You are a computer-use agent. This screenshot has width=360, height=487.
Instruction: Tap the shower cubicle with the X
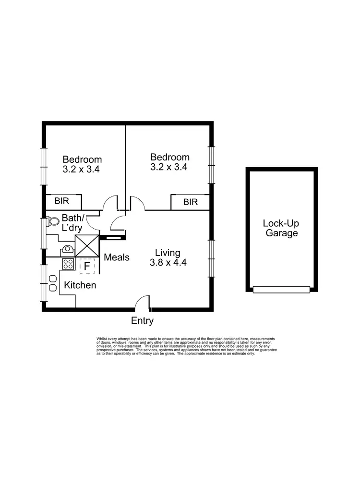pos(87,245)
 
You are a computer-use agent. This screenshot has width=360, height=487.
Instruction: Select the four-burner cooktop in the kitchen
pos(68,264)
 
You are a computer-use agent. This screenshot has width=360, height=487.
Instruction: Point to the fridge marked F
pos(87,266)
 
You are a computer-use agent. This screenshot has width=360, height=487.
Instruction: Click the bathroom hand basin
pos(68,249)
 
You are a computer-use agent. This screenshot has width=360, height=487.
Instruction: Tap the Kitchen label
pos(80,285)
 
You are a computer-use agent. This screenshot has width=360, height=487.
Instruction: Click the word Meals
pos(117,257)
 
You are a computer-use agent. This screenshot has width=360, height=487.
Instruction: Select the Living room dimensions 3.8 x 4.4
pos(168,263)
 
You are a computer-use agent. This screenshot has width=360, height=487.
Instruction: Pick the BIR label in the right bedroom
pos(190,202)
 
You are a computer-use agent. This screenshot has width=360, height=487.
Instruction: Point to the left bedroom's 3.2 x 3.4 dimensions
pos(81,169)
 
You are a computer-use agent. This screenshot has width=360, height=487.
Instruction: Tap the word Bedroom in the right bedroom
pos(170,157)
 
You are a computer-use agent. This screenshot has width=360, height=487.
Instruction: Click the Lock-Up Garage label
pos(281,228)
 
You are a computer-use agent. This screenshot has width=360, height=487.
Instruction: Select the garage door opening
pos(281,290)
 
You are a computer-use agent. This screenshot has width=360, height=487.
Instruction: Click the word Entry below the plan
pos(142,321)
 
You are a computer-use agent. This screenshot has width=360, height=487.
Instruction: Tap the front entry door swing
pos(142,303)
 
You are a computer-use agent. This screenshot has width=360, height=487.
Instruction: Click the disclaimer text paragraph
pos(187,346)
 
